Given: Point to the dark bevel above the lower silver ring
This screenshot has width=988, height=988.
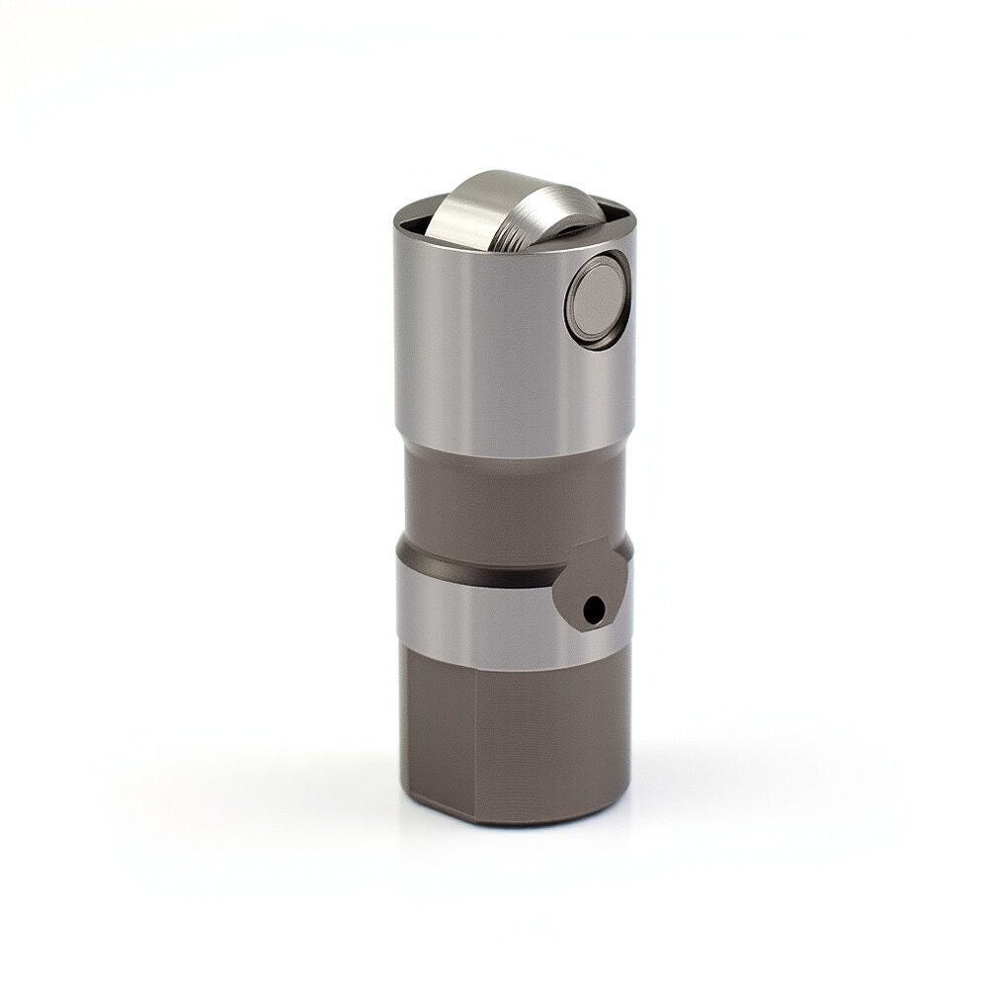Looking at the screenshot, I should tap(474, 566).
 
